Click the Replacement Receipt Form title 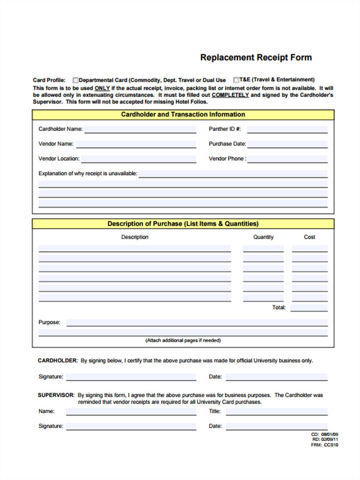click(256, 57)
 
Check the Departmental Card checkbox click(76, 80)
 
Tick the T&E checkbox click(236, 80)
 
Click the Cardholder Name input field click(140, 129)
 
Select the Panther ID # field click(287, 129)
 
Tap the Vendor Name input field click(136, 144)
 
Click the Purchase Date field click(287, 144)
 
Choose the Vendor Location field click(138, 159)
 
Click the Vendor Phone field click(287, 159)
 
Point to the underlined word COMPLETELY click(230, 95)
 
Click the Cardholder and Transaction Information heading click(183, 114)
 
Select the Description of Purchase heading click(183, 224)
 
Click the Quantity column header click(263, 237)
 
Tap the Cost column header click(309, 237)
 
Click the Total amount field click(309, 308)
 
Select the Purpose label click(49, 322)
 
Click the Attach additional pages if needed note click(183, 340)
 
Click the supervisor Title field click(276, 412)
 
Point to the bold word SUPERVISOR click(56, 395)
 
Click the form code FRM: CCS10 click(324, 445)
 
